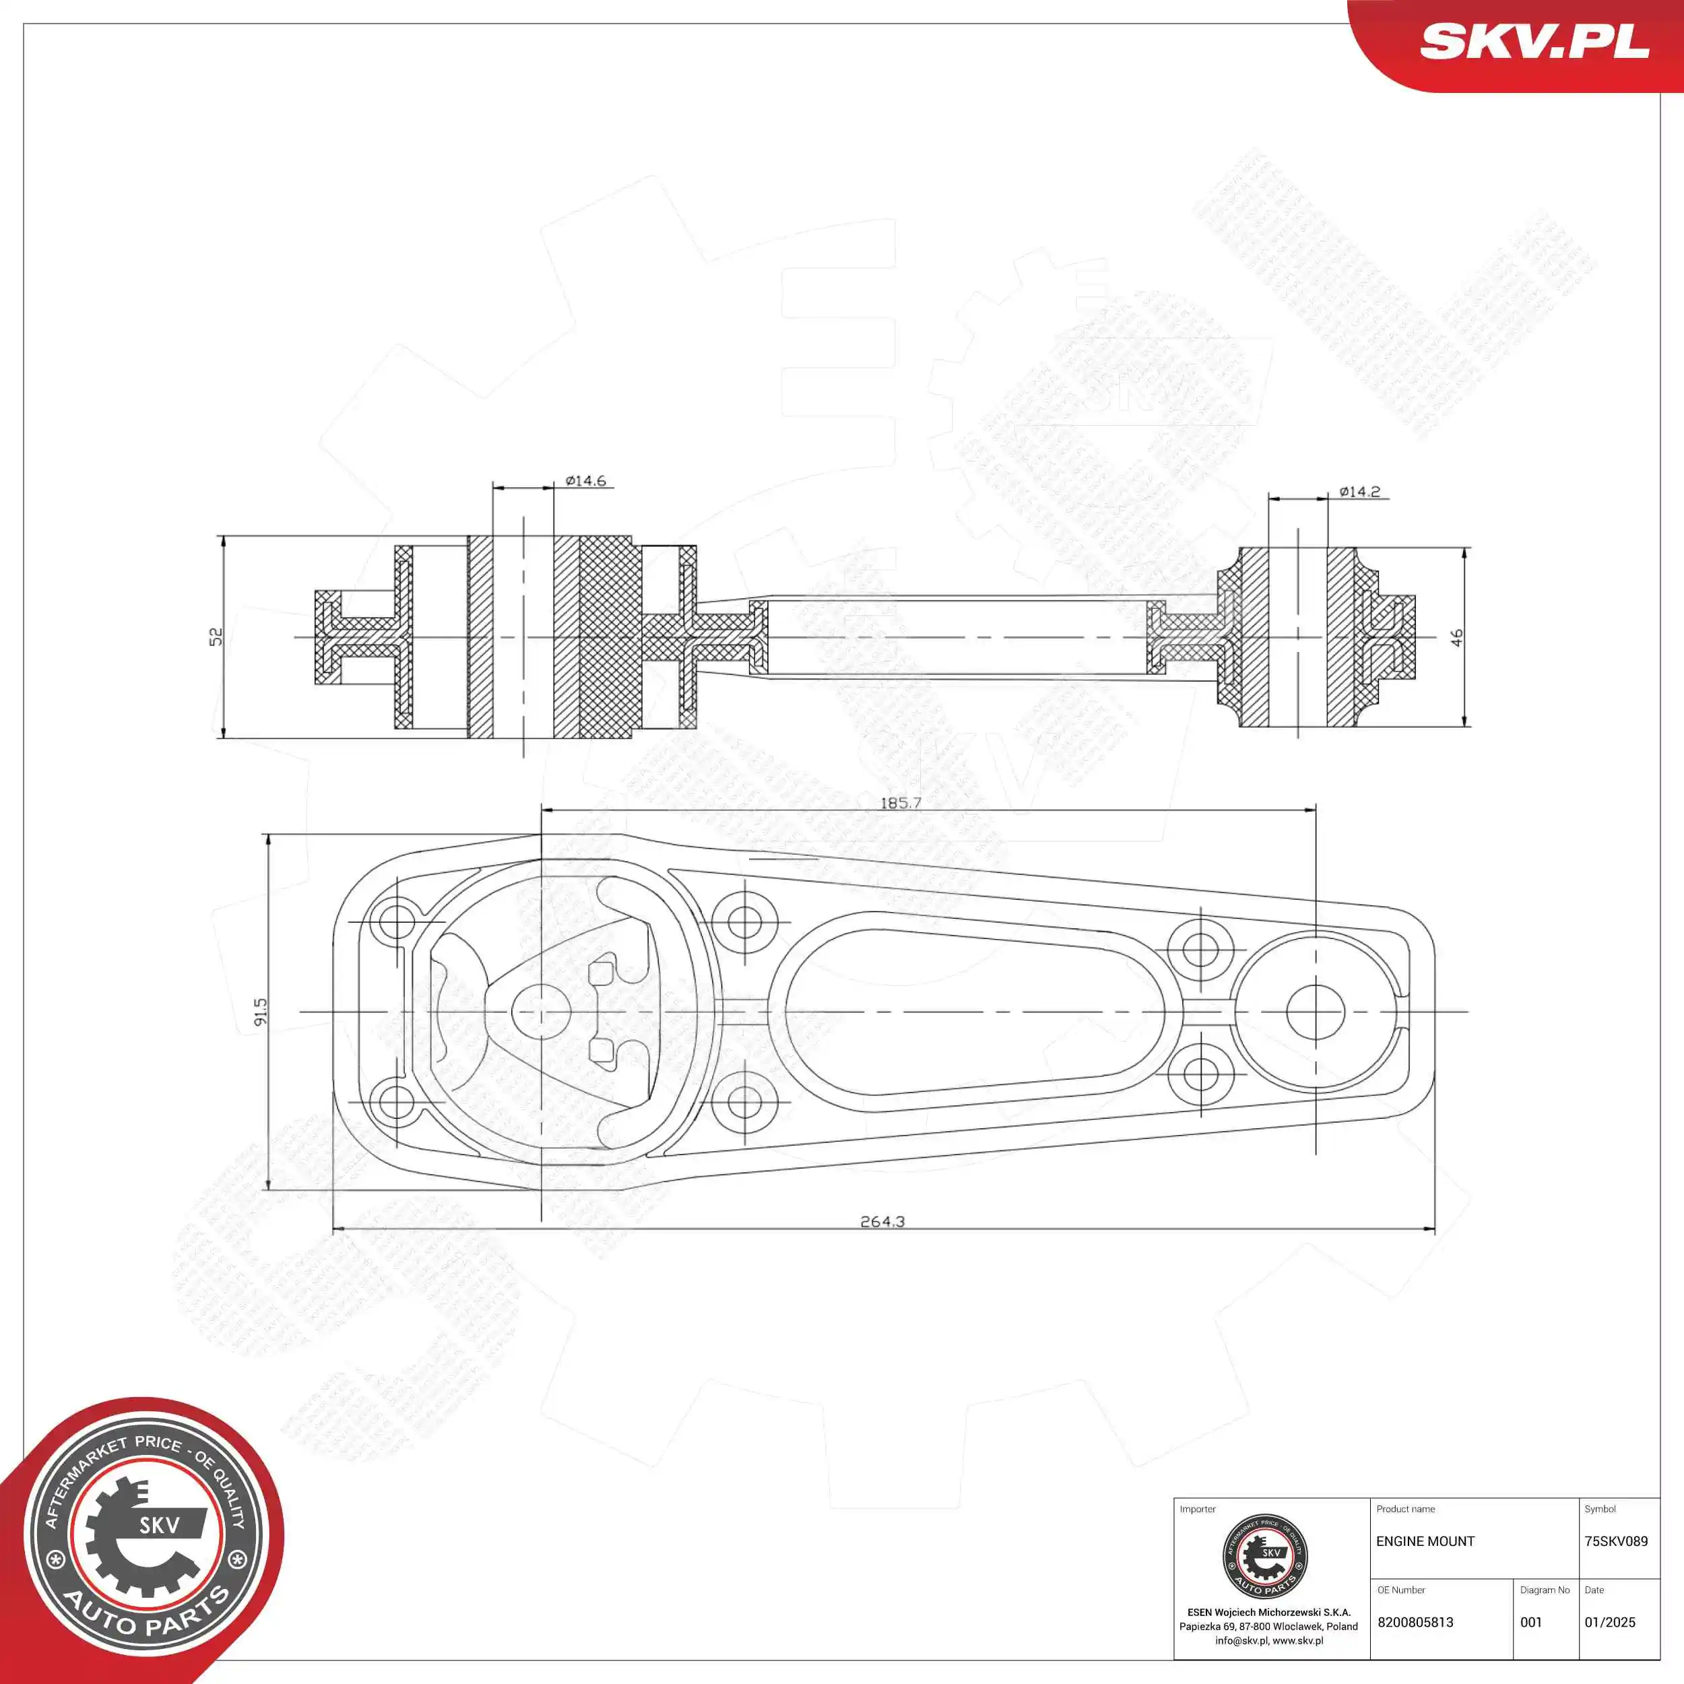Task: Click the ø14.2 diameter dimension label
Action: (x=1360, y=492)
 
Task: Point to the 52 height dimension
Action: (x=216, y=637)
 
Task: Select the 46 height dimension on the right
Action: (x=1456, y=637)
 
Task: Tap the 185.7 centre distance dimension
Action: (x=901, y=802)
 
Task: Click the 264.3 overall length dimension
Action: (x=882, y=1221)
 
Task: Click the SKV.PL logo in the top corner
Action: (x=1534, y=42)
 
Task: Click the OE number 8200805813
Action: (x=1415, y=1622)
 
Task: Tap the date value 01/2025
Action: (x=1610, y=1622)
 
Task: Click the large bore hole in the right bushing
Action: (x=1316, y=1012)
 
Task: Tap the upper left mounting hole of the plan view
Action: (x=397, y=922)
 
